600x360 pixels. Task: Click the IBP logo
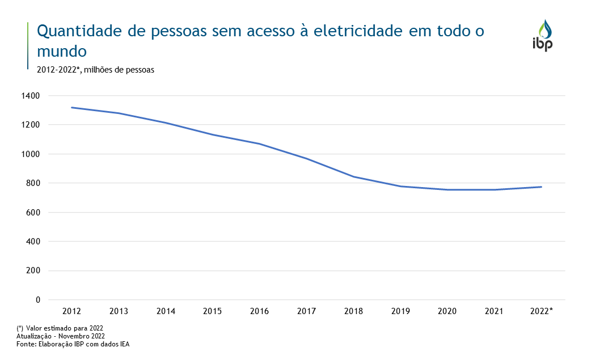pos(542,36)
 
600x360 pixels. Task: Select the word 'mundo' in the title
pos(61,51)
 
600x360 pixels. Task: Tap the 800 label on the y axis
pos(34,183)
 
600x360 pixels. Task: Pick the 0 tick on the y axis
pos(38,299)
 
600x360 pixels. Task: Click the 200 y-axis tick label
pos(34,270)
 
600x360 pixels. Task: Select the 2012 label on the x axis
pos(71,311)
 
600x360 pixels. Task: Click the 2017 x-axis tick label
pos(306,311)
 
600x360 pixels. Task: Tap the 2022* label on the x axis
pos(541,311)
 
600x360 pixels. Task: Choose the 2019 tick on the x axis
pos(400,311)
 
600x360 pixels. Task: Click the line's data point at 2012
pos(71,107)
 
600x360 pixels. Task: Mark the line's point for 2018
pos(353,176)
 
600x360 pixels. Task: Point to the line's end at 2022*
pos(541,187)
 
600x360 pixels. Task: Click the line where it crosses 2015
pos(213,135)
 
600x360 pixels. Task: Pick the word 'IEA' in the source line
pos(124,344)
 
